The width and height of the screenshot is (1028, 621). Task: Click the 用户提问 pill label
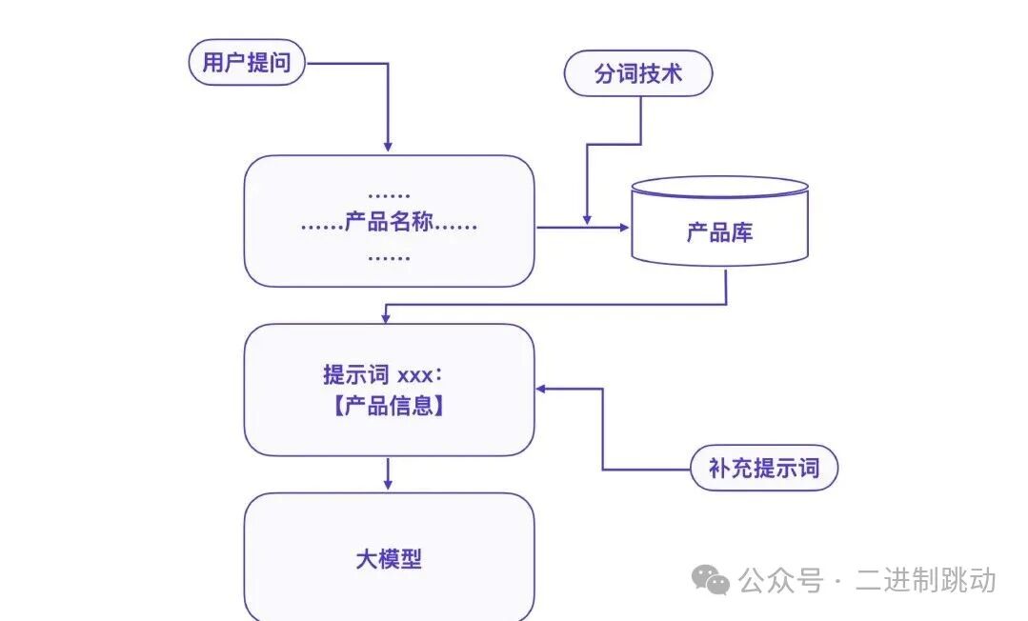(247, 64)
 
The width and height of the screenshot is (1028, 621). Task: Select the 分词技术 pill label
(638, 74)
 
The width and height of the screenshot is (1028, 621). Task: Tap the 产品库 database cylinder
(719, 231)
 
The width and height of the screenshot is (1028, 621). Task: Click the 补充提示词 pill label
(763, 468)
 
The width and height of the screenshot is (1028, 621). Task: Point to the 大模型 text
(389, 559)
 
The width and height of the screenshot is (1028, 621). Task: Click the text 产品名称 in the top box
(389, 224)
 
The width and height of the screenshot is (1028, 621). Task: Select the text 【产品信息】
(389, 406)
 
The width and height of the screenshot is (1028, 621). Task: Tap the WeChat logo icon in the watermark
(711, 579)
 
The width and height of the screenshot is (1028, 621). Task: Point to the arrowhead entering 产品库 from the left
(624, 228)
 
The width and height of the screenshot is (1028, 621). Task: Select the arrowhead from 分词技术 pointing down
(587, 219)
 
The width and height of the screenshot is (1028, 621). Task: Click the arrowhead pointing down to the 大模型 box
(388, 485)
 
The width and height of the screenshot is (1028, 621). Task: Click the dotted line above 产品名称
(389, 194)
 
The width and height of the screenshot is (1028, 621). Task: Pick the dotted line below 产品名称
(389, 256)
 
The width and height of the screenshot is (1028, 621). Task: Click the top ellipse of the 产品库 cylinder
(719, 187)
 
